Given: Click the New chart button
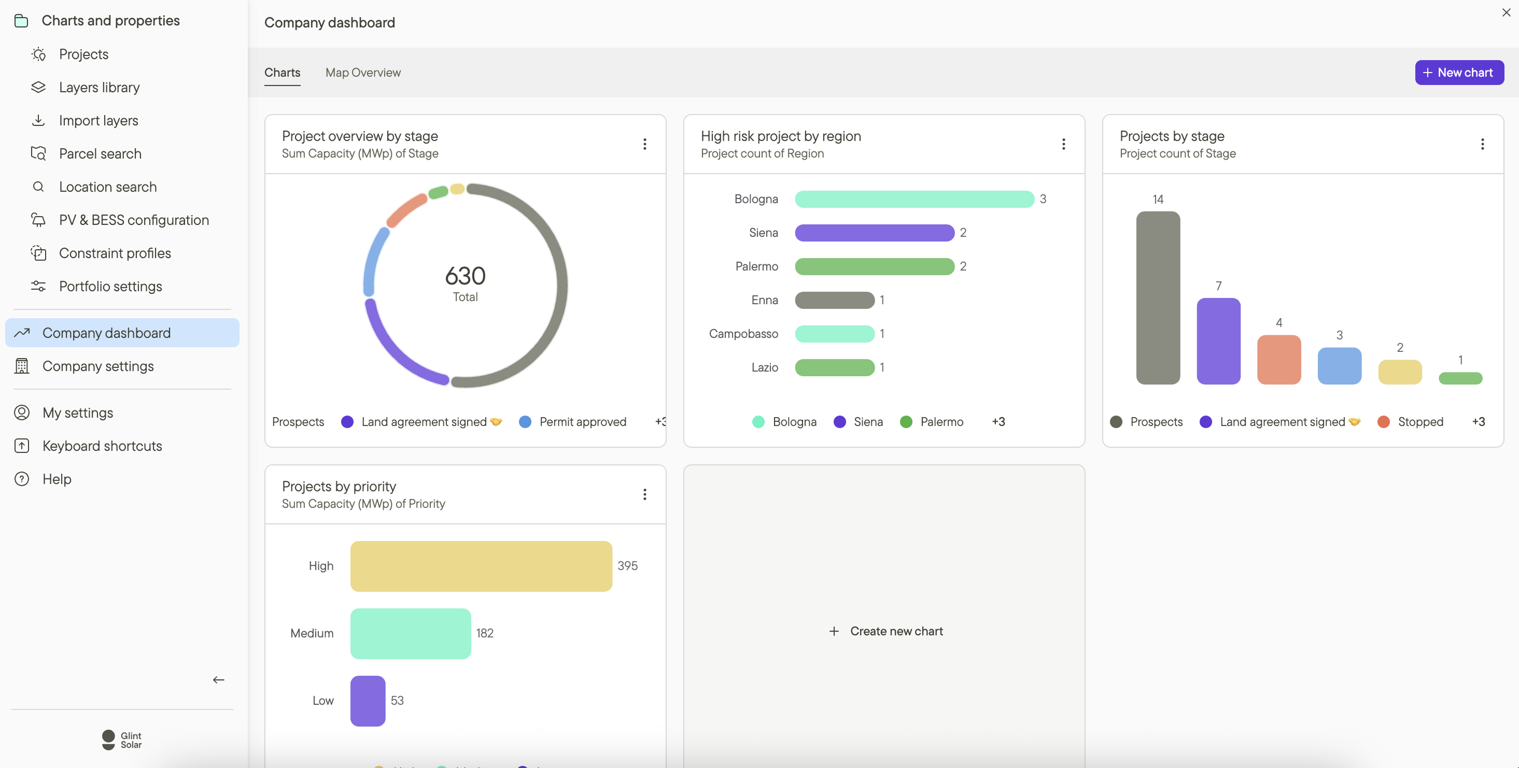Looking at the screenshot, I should (1459, 73).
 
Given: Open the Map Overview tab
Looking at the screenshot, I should (363, 73).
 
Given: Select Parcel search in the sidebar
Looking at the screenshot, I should (100, 154).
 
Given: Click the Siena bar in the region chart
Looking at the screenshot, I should (874, 233).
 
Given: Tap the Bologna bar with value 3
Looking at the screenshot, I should (914, 199).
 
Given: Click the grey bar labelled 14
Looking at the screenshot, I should (1158, 297).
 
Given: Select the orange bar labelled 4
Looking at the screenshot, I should (1278, 360).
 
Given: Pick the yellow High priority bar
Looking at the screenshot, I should (481, 566).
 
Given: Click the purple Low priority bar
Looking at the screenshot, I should (368, 700).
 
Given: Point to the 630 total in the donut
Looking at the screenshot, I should (465, 276).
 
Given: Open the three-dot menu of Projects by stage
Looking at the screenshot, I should (1482, 145).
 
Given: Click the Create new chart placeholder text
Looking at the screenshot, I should (896, 631).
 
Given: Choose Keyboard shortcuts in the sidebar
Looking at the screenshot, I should (102, 446).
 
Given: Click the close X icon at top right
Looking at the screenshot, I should (1506, 12).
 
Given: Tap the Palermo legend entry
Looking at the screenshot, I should (941, 422).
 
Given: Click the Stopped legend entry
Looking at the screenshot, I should (1420, 422).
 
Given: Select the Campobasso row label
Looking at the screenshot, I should (743, 334).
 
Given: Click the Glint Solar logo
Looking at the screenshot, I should (122, 739).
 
